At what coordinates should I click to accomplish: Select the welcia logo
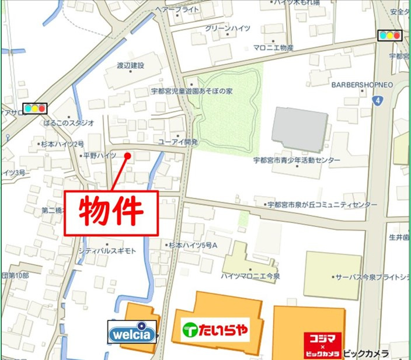tap(133, 333)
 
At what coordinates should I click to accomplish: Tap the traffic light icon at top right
tap(389, 35)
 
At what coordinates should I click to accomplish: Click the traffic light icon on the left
tap(34, 108)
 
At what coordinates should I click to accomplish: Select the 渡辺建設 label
tap(130, 65)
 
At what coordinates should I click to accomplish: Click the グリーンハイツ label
tap(228, 28)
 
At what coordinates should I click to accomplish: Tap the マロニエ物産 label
tap(273, 47)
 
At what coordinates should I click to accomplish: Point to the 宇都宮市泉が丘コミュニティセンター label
tap(322, 205)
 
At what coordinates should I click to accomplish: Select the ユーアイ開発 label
tap(178, 142)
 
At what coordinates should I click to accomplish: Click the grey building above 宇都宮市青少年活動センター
tap(299, 129)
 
